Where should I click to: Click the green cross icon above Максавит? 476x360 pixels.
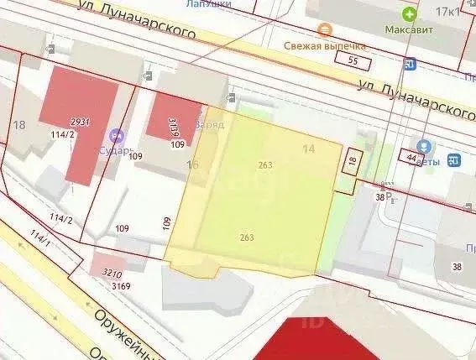tap(409, 13)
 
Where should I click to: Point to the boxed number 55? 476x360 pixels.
tap(353, 60)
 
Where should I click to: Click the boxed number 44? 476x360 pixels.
tap(411, 157)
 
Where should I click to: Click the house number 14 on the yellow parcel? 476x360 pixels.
tap(308, 149)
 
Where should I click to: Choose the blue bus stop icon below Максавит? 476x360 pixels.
tap(410, 64)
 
